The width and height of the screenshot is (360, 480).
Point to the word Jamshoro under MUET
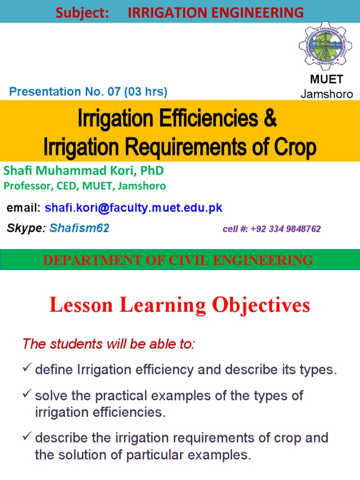click(327, 94)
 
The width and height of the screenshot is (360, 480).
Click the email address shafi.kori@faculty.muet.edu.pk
click(134, 208)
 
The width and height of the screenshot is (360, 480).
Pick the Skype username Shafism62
click(79, 229)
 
